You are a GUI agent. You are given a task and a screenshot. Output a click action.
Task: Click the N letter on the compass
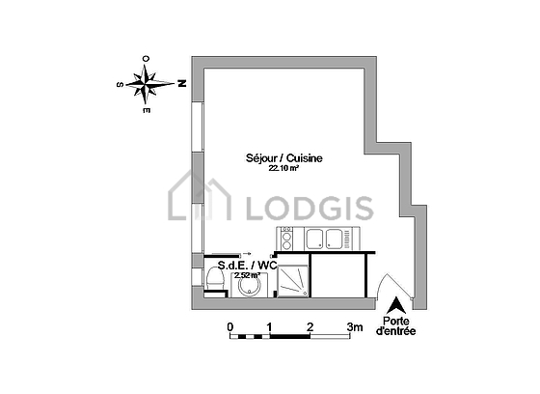[x=182, y=83]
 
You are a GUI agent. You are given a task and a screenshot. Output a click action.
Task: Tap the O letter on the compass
[x=146, y=59]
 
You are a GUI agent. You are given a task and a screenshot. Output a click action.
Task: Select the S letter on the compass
[x=121, y=85]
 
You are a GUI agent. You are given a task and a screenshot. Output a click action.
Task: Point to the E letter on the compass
[x=147, y=110]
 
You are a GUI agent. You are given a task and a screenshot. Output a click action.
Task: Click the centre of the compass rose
[x=146, y=84]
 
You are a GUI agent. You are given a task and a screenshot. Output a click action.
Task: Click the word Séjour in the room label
[x=261, y=158]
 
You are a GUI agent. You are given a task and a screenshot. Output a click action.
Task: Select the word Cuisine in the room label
[x=305, y=158]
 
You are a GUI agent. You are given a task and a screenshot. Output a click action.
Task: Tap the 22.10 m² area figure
[x=283, y=168]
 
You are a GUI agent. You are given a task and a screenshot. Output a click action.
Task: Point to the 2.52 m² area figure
[x=247, y=275]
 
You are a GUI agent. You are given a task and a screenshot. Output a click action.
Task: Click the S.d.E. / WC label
[x=248, y=266]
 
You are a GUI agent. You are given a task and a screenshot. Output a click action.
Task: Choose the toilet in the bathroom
[x=214, y=279]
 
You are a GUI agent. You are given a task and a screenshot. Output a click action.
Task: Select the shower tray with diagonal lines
[x=293, y=280]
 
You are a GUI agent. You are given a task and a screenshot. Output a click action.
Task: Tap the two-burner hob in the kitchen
[x=286, y=239]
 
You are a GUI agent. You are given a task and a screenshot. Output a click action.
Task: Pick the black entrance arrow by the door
[x=396, y=305]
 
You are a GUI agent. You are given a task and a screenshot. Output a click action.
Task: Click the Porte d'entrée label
[x=396, y=326]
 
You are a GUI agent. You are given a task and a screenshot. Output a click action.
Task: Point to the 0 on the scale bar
[x=230, y=326]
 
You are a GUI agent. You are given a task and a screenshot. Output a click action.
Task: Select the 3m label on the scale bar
[x=355, y=326]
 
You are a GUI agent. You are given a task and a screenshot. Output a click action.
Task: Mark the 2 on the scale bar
[x=310, y=326]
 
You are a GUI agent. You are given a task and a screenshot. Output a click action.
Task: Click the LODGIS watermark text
[x=310, y=208]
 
